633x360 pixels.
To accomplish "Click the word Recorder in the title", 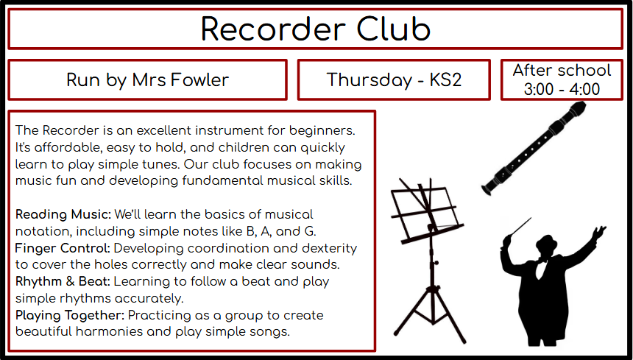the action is click(273, 29).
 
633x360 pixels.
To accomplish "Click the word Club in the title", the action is click(394, 29).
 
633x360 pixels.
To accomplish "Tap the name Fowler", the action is click(199, 80).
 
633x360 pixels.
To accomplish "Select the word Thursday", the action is click(368, 80).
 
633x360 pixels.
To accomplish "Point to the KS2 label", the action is click(445, 80).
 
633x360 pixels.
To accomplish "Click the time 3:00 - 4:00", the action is click(562, 89).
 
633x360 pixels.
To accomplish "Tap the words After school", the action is click(562, 70).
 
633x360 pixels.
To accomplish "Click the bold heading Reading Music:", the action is click(63, 215).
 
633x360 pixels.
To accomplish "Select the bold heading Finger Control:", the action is click(63, 248).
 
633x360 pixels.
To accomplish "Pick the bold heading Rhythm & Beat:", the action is click(63, 281).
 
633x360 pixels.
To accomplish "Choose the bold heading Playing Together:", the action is click(70, 315).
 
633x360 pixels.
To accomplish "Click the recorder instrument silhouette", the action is click(534, 149).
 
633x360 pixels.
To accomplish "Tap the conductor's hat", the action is click(546, 243).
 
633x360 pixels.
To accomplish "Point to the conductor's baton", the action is click(520, 227).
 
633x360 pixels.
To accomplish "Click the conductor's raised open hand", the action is click(598, 233).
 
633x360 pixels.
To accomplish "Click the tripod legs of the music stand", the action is click(431, 315).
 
